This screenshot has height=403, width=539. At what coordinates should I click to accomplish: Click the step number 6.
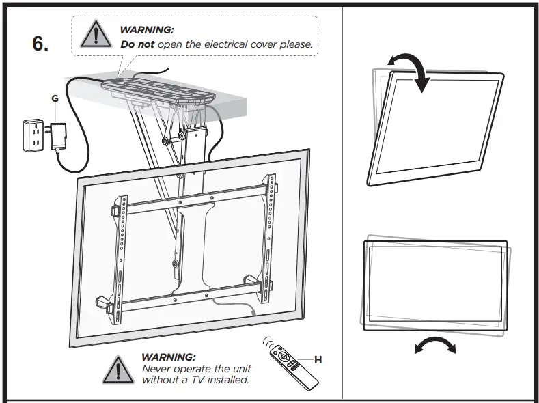40,43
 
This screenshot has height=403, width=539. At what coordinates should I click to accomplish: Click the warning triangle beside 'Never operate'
118,369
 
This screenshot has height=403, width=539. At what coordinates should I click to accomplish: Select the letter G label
55,98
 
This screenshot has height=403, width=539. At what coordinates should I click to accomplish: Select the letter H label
318,359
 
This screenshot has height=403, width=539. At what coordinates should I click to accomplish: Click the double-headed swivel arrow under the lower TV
435,345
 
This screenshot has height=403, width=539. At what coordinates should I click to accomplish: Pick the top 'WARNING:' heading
146,30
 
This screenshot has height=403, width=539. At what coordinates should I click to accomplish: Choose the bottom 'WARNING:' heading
168,357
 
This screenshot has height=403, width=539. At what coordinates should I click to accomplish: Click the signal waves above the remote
268,342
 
